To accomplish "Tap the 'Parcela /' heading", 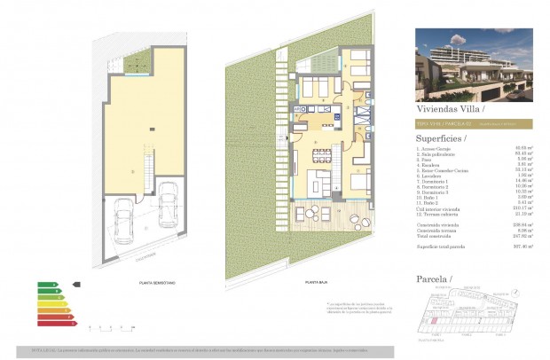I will [x=435, y=280].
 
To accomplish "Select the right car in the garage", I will [x=166, y=203].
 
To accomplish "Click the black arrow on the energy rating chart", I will [x=75, y=286].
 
